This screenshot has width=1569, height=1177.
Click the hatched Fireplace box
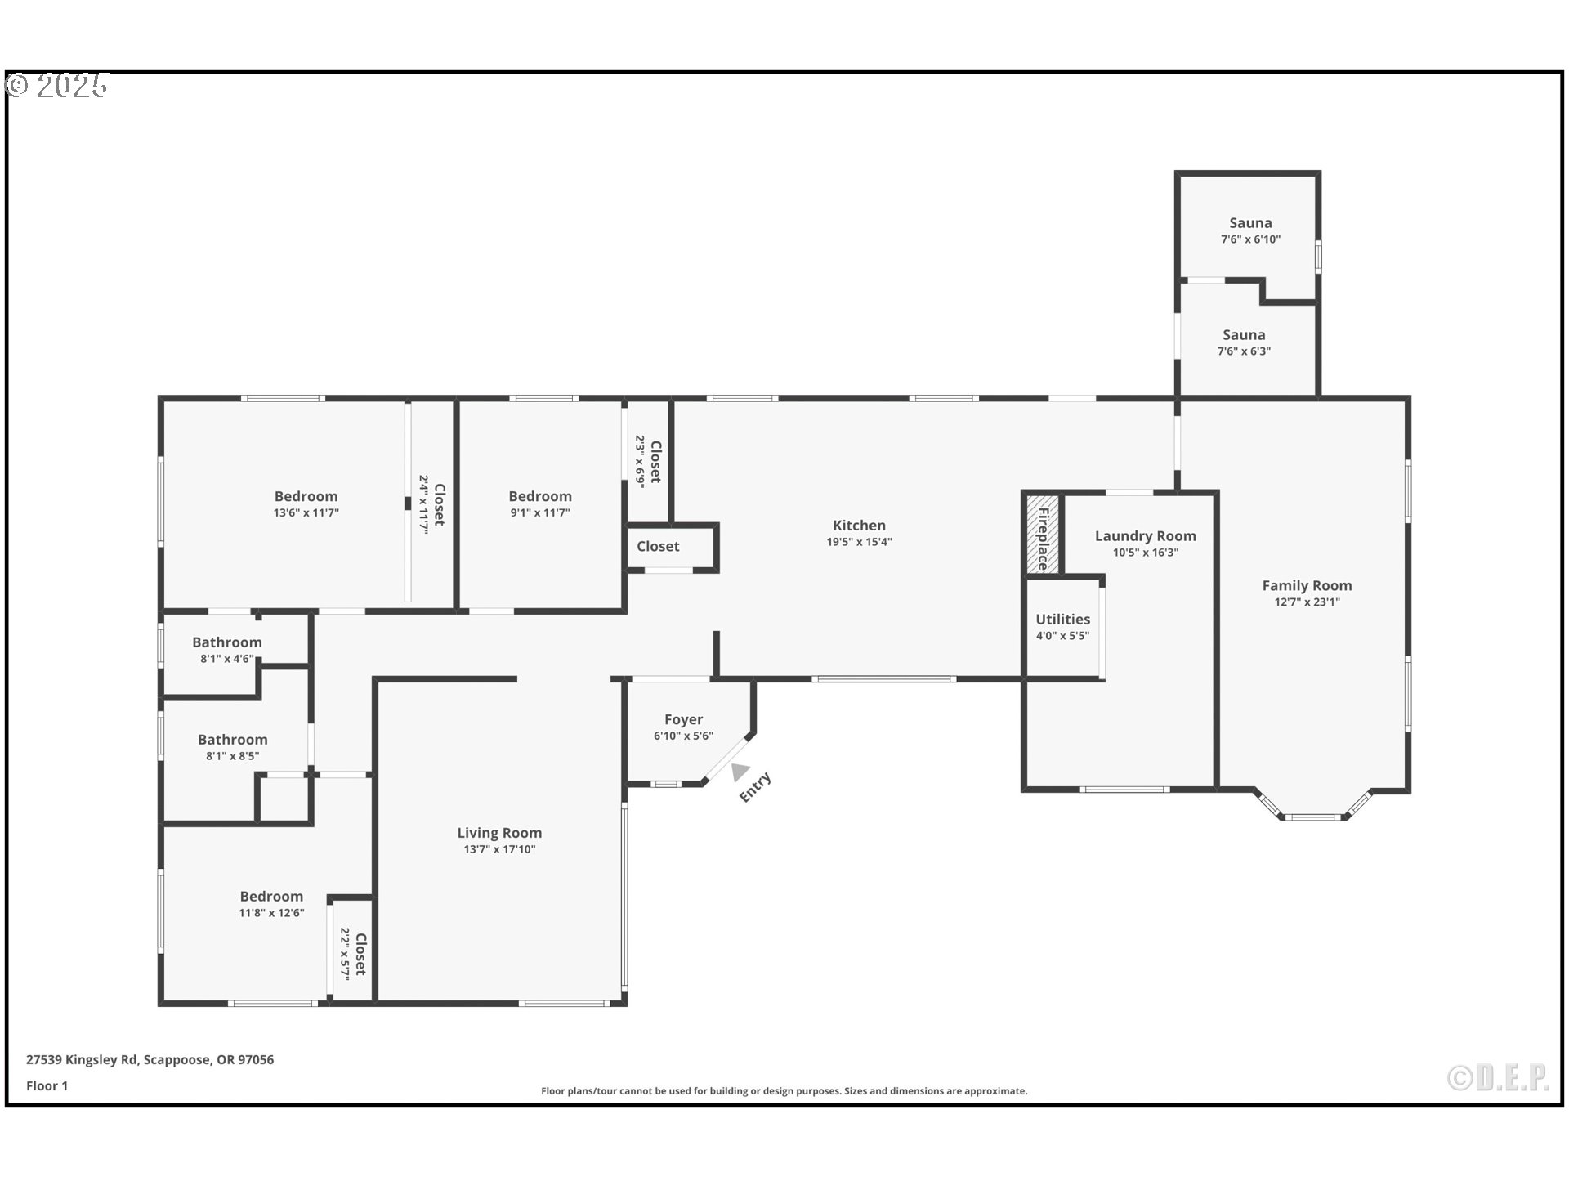1043,535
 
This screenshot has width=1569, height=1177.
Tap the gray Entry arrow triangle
740,771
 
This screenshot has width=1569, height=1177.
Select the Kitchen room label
859,526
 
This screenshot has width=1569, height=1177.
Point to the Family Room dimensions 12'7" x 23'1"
1307,602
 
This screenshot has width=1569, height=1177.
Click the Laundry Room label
1145,536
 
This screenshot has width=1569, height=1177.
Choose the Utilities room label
1062,620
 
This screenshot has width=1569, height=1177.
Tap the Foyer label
683,719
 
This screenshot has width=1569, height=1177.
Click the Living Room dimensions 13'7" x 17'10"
499,849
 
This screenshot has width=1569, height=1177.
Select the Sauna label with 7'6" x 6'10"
1250,223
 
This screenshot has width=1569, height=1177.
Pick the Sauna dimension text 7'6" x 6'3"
1244,351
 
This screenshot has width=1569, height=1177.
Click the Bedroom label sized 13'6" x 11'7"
306,496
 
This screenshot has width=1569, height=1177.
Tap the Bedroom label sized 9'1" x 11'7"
539,496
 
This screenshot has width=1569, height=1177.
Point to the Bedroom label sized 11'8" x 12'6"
271,897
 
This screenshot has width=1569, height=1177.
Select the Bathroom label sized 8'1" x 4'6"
226,642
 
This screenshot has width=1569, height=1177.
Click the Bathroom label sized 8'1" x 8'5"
232,740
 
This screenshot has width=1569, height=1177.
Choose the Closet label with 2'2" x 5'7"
360,954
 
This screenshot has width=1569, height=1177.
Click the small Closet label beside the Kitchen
658,547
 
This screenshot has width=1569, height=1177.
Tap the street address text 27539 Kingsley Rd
82,1060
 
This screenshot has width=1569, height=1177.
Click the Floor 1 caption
47,1085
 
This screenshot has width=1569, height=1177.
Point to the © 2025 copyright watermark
57,85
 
